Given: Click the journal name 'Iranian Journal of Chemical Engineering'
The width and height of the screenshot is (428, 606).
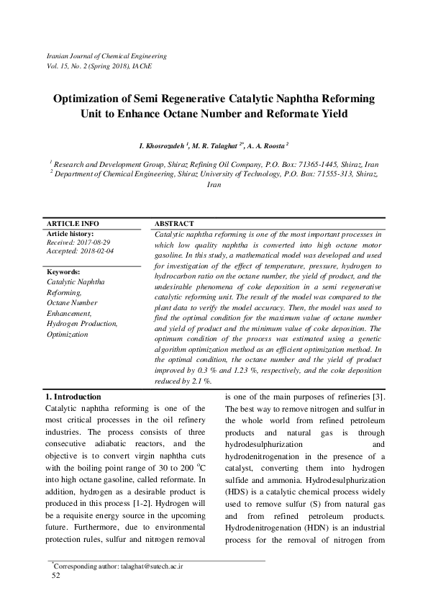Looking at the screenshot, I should [106, 55].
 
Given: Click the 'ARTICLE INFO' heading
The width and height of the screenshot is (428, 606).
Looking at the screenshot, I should [73, 224].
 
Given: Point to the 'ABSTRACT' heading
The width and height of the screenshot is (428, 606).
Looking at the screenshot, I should [174, 224].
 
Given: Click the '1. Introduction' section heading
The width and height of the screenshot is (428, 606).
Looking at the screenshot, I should [74, 397].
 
